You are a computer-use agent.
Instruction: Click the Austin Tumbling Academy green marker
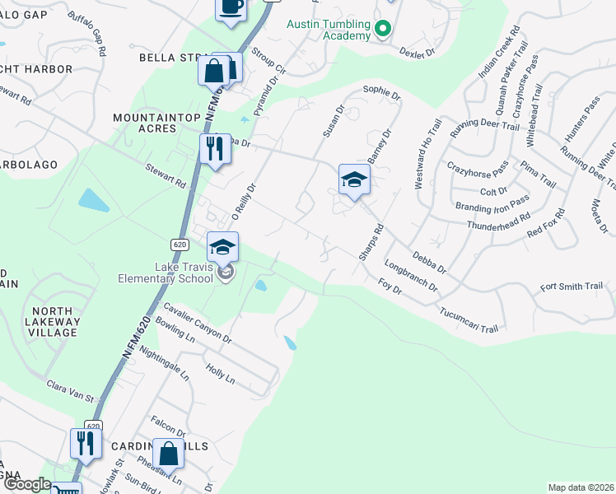(382, 30)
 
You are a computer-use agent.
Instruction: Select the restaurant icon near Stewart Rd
(213, 149)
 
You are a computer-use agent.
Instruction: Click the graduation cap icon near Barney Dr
(353, 179)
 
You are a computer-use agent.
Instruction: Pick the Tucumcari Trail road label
(469, 317)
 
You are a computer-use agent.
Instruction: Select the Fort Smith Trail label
(572, 287)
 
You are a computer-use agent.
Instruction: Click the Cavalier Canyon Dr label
(198, 323)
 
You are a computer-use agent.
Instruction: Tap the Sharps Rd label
(367, 243)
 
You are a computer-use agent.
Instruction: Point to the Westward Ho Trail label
(427, 154)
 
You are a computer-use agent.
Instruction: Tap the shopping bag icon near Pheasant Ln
(168, 453)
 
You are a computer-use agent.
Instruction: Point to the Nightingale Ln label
(165, 363)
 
